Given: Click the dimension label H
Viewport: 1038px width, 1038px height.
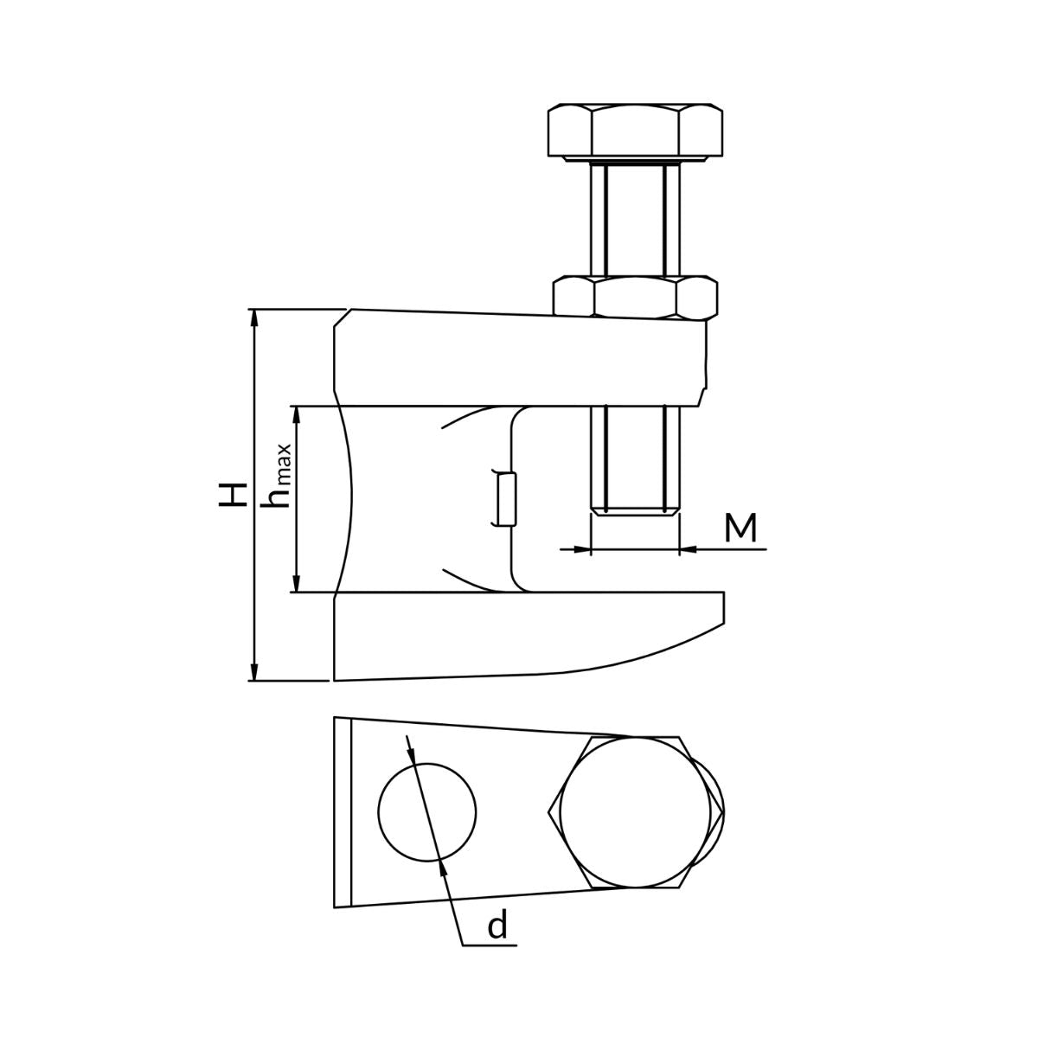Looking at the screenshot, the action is click(233, 495).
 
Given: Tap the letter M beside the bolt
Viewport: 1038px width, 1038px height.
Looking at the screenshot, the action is click(740, 528).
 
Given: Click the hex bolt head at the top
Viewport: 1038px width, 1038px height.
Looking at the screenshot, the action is click(635, 131).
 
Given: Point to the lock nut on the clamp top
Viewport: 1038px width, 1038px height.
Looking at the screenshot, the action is click(636, 297).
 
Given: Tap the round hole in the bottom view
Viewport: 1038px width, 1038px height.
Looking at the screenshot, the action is click(427, 811).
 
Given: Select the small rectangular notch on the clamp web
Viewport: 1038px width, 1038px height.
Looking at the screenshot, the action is click(506, 498).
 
